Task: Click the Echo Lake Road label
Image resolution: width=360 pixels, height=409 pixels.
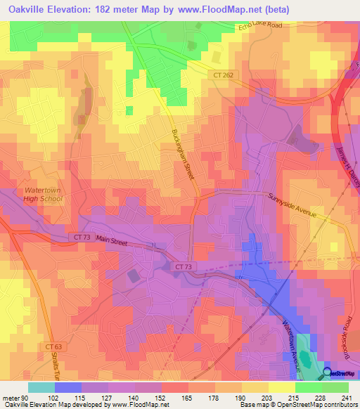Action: (260, 27)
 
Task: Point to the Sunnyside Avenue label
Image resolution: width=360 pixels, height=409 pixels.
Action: (293, 204)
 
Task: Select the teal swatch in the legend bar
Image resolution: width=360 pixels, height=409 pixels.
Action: (41, 387)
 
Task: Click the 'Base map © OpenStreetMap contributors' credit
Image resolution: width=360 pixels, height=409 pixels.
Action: (298, 405)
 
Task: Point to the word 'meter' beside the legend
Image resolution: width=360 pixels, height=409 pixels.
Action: (12, 397)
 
